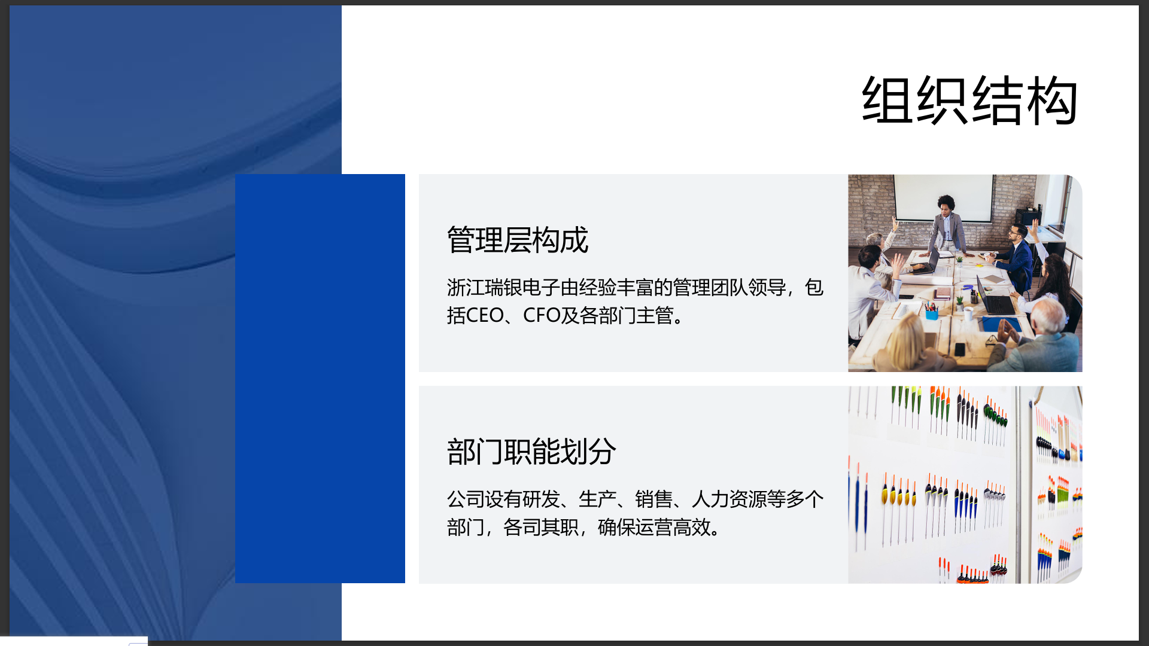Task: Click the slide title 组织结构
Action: pyautogui.click(x=969, y=100)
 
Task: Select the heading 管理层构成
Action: pyautogui.click(x=518, y=240)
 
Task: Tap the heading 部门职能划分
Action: pyautogui.click(x=531, y=452)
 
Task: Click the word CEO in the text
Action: pyautogui.click(x=485, y=315)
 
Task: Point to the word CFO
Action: pyautogui.click(x=542, y=315)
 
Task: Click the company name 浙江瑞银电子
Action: pyautogui.click(x=503, y=288)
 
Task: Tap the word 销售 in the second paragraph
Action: pyautogui.click(x=654, y=499)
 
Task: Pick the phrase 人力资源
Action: pyautogui.click(x=729, y=499)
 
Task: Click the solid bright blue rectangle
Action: pyautogui.click(x=320, y=379)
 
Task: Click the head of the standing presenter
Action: pyautogui.click(x=946, y=205)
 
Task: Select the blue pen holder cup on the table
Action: pyautogui.click(x=932, y=313)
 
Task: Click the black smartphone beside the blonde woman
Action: pyautogui.click(x=959, y=349)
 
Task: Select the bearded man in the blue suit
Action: pyautogui.click(x=1017, y=257)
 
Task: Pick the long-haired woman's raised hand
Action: pyautogui.click(x=1034, y=227)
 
